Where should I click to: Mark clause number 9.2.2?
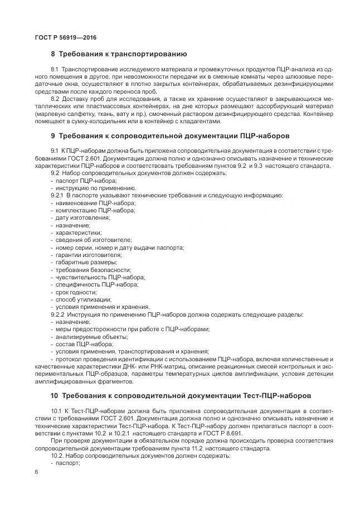click(x=59, y=315)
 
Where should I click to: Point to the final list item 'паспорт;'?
click(x=68, y=462)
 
